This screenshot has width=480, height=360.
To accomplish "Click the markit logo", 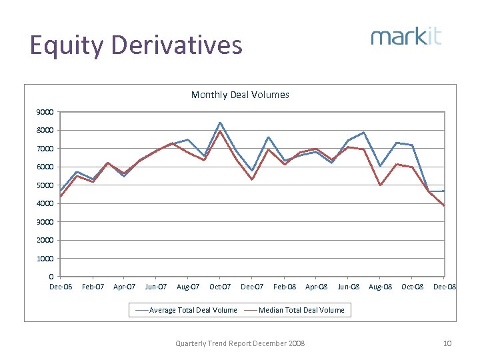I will (x=406, y=37).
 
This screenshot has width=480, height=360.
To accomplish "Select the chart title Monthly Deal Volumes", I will (x=240, y=95).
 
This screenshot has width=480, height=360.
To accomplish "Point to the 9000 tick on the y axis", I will (x=45, y=111).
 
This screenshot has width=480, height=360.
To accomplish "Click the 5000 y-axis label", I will (x=45, y=185).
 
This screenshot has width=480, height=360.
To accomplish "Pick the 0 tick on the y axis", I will (x=51, y=277).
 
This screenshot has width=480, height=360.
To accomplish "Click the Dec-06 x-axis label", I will (x=61, y=287).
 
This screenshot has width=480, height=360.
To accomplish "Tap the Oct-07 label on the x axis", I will (x=220, y=287).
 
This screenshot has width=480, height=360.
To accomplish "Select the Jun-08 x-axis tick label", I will (x=348, y=287).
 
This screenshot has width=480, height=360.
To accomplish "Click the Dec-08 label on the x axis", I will (x=445, y=287).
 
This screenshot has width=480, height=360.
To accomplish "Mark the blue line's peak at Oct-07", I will (x=220, y=122).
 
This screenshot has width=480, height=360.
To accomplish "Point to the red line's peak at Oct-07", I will (x=220, y=131).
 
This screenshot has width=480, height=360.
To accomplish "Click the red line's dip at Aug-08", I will (x=380, y=185).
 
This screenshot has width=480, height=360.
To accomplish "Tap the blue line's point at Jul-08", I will (x=364, y=132).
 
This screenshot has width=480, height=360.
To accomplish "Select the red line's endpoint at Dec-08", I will (x=444, y=206).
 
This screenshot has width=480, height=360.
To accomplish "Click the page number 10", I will (x=447, y=343).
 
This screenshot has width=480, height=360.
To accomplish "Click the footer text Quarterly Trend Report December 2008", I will (x=240, y=343).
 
